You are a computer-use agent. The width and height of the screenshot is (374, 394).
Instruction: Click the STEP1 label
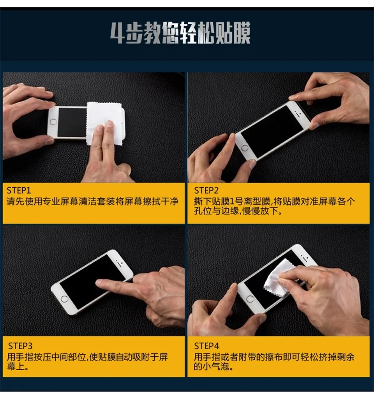[x=19, y=190]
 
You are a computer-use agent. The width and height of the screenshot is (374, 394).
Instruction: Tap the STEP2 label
[x=206, y=190]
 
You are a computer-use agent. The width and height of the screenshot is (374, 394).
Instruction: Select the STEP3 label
[x=20, y=346]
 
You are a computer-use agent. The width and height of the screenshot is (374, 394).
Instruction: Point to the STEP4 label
[x=206, y=346]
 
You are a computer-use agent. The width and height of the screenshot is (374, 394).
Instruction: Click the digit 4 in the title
[x=117, y=33]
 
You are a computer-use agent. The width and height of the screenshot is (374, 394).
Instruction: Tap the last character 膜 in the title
[x=241, y=33]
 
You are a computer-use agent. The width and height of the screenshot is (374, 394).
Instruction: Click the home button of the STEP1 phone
[x=53, y=122]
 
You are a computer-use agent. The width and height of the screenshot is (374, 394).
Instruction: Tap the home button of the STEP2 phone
[x=245, y=148]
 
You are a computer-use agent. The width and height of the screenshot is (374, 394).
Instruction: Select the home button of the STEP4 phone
[x=250, y=299]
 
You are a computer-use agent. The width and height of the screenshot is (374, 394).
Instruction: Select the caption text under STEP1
[x=93, y=202]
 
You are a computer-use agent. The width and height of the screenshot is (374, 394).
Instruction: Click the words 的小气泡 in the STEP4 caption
[x=213, y=367]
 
